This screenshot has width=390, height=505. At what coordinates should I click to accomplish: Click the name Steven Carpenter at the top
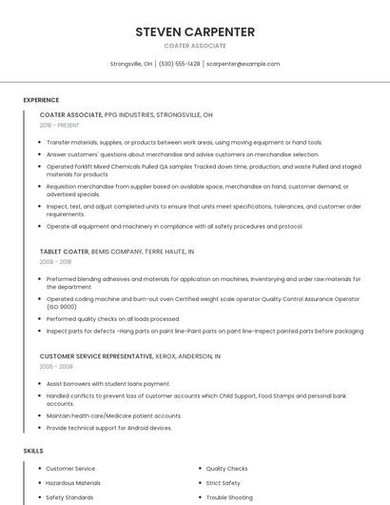(195, 31)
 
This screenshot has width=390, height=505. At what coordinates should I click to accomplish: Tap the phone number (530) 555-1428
(179, 64)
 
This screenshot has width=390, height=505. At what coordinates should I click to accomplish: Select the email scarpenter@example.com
(243, 64)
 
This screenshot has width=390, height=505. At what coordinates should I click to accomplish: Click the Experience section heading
(41, 100)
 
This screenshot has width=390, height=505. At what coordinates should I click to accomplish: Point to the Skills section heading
(33, 450)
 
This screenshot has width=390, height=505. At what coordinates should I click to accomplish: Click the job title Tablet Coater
(64, 252)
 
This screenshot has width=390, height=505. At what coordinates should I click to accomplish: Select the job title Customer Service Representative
(96, 355)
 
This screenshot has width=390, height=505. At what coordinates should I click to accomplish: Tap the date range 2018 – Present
(60, 125)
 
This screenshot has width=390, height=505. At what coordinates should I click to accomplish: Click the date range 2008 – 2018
(55, 261)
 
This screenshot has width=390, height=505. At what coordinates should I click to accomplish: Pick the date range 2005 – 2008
(55, 366)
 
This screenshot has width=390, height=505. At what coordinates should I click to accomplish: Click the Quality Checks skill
(226, 469)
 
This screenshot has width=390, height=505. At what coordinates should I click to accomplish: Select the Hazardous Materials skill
(73, 483)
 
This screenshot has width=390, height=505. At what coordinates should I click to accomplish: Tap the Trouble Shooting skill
(229, 497)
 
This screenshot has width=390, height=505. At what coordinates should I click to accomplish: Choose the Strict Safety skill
(223, 483)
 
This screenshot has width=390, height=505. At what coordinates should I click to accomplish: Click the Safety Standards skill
(69, 497)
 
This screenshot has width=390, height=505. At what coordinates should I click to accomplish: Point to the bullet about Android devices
(108, 428)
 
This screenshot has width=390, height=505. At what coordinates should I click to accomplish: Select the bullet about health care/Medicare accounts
(113, 415)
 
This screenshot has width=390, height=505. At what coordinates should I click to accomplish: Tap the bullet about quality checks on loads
(112, 319)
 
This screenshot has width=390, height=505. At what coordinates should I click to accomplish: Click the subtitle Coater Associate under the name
(195, 46)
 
